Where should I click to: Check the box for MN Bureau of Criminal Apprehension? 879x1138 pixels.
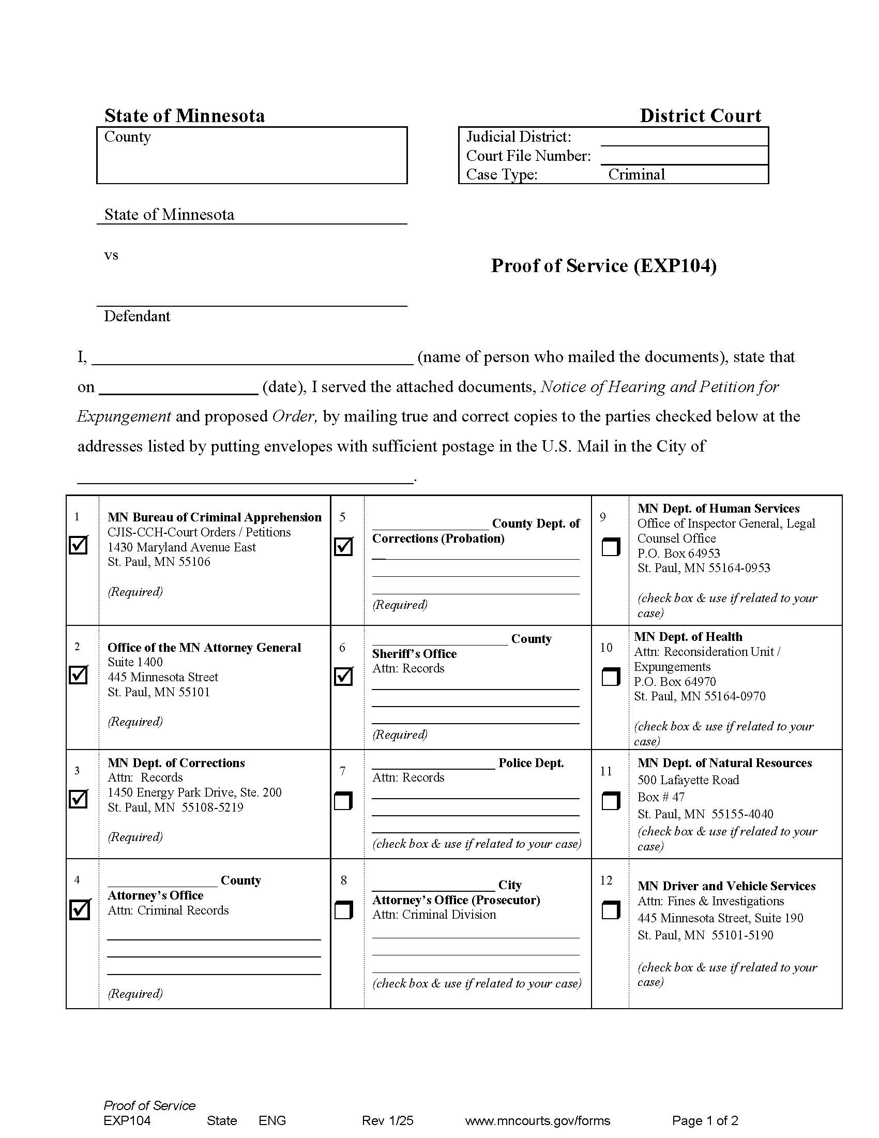click(x=78, y=545)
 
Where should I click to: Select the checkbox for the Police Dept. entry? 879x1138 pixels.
click(x=343, y=801)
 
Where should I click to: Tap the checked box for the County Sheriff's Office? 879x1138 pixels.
click(x=343, y=677)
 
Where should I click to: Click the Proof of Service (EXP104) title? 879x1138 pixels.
click(x=603, y=266)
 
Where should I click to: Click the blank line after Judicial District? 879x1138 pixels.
click(x=684, y=138)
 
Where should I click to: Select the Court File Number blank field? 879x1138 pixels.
click(x=684, y=156)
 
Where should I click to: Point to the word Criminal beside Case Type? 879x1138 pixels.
click(x=636, y=174)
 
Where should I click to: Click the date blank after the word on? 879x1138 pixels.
click(x=178, y=387)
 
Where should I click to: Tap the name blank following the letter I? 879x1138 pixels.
click(x=252, y=357)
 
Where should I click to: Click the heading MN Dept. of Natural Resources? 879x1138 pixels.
click(x=724, y=763)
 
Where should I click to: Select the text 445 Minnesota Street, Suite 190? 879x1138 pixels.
click(x=720, y=918)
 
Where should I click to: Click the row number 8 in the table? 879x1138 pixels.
click(x=343, y=880)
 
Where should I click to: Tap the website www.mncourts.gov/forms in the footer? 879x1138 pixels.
click(x=537, y=1120)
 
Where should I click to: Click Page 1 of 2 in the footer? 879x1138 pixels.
click(x=705, y=1120)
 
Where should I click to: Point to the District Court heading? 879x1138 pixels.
click(x=700, y=116)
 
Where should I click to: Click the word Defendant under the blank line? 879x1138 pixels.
click(x=137, y=316)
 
